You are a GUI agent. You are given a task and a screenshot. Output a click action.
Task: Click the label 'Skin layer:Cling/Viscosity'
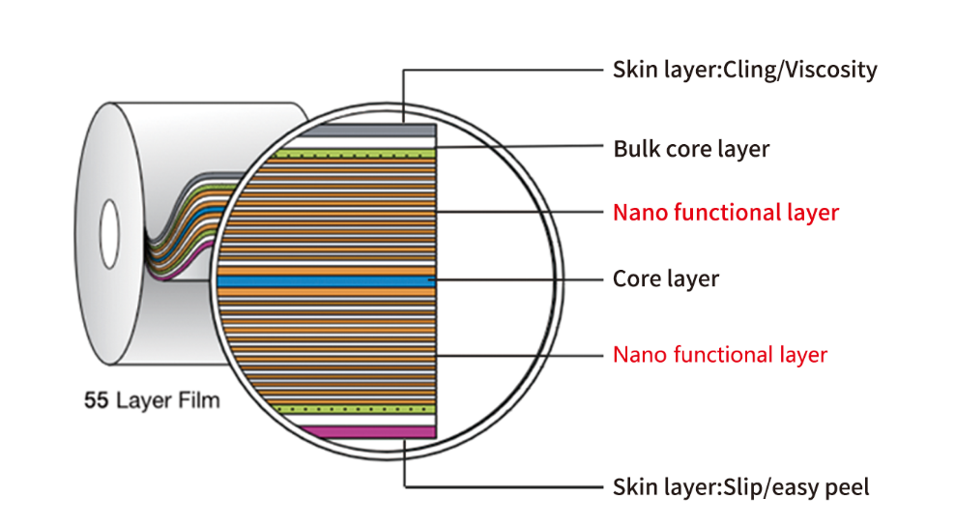(x=744, y=70)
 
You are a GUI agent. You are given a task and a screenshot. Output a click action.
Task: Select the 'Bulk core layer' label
(x=691, y=149)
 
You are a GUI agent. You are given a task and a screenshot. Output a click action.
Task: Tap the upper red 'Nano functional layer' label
(x=725, y=212)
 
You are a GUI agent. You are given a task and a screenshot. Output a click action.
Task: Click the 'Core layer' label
(x=666, y=279)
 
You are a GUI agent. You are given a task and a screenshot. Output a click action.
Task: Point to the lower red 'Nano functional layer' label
(x=720, y=355)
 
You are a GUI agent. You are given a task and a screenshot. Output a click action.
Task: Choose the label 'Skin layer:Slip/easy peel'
(x=740, y=486)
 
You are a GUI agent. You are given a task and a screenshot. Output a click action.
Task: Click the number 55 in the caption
(x=96, y=400)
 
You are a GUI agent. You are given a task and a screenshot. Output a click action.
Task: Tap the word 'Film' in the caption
(x=198, y=400)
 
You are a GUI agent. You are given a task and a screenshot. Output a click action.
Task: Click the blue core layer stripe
(x=328, y=279)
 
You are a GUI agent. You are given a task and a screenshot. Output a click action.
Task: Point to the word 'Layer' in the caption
(x=142, y=400)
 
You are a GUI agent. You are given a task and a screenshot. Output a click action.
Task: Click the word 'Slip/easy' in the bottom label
(x=767, y=486)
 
